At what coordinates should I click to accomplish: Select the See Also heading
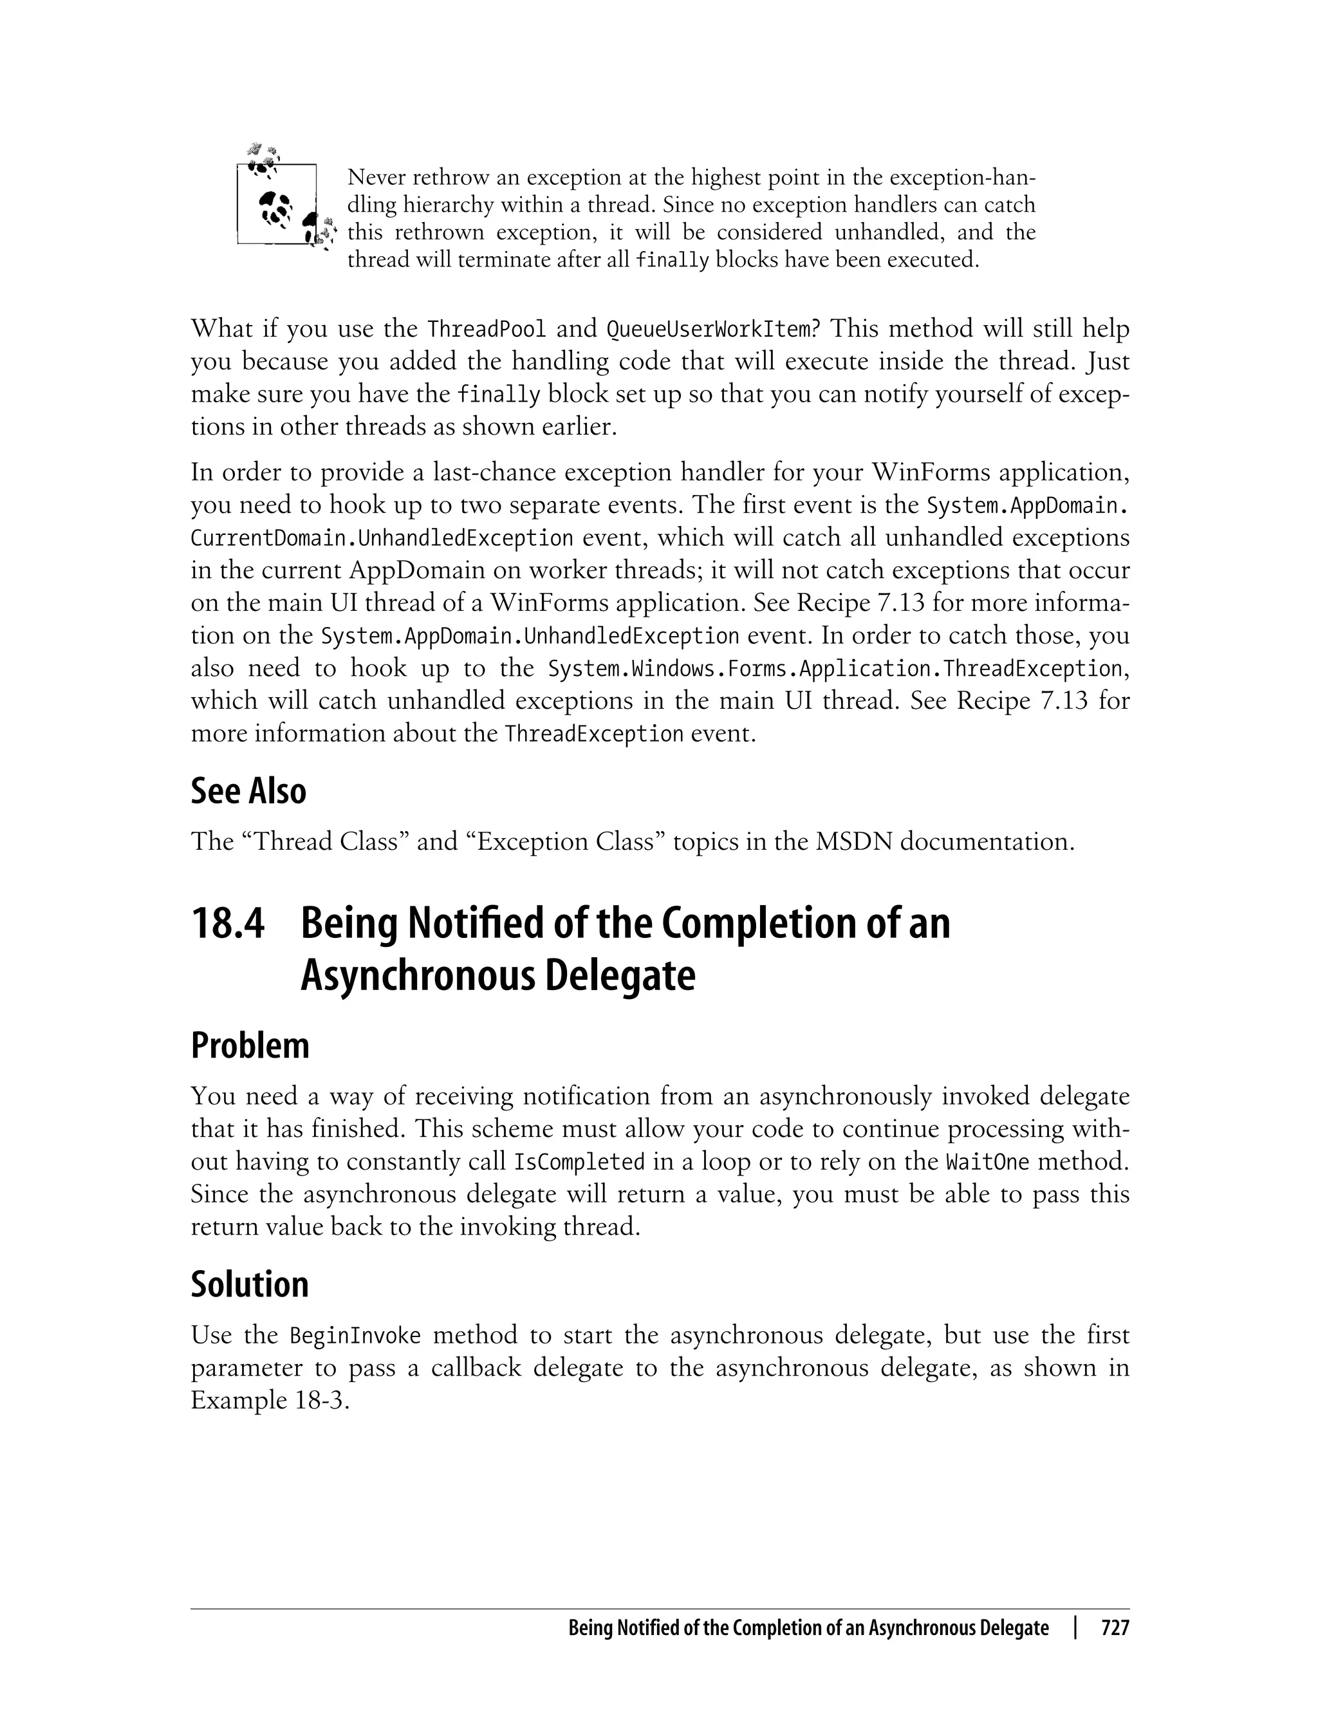248,791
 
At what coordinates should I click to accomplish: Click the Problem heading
250,1046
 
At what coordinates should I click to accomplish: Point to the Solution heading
250,1284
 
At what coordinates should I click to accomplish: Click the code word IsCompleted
579,1162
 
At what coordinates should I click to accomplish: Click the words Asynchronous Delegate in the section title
497,976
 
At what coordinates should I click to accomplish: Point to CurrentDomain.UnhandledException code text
382,539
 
